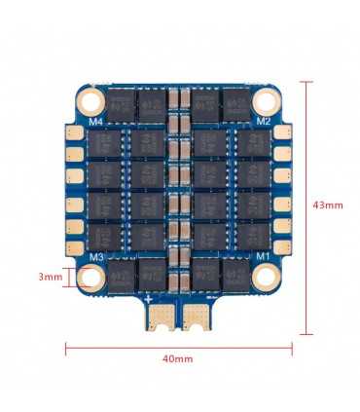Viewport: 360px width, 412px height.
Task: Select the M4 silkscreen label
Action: pos(96,122)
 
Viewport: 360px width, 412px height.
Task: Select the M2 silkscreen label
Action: pos(263,121)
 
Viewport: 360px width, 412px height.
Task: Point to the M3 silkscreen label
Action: pos(96,257)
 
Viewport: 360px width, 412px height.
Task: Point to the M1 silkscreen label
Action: pos(262,257)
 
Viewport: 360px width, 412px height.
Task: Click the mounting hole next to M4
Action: pos(90,100)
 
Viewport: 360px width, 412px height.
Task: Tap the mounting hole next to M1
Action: pos(268,278)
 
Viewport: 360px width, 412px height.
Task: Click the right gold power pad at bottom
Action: pos(198,318)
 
